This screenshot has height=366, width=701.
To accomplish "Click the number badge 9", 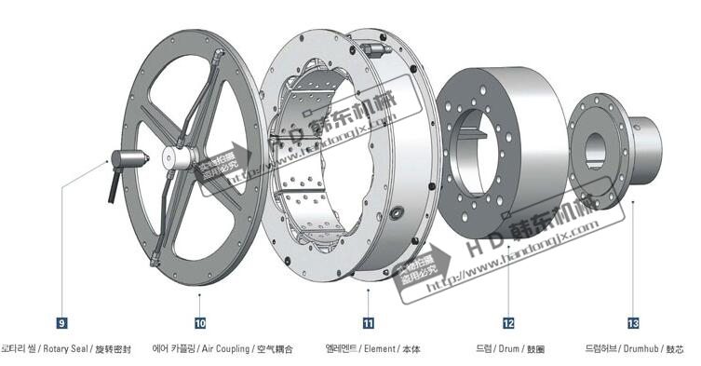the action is (x=61, y=323).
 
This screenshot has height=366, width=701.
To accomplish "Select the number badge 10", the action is (x=201, y=323).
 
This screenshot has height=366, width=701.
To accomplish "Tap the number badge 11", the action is (x=369, y=323).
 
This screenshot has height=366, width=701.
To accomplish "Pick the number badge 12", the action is (x=508, y=323).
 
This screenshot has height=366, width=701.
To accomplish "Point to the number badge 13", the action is (x=634, y=323).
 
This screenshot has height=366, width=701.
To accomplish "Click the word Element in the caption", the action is (x=382, y=349).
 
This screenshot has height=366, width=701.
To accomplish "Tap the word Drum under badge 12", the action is (x=510, y=349).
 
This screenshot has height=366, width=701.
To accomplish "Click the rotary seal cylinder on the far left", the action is (x=127, y=161).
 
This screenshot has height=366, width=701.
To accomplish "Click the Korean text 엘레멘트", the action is (x=343, y=349).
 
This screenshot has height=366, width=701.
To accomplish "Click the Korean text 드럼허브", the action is (x=600, y=349).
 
